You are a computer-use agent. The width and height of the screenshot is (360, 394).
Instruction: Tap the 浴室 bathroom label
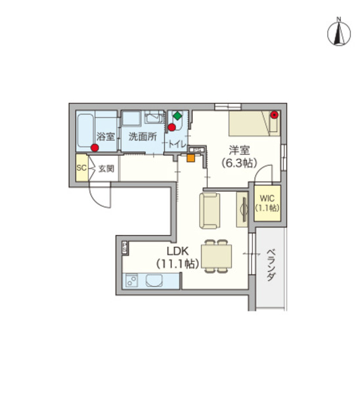pyautogui.click(x=106, y=137)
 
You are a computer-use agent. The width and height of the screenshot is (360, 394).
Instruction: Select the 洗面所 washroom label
pyautogui.click(x=142, y=137)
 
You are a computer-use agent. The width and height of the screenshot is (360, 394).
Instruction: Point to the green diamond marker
pyautogui.click(x=177, y=116)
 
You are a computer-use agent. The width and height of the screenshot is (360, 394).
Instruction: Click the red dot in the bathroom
pyautogui.click(x=95, y=148)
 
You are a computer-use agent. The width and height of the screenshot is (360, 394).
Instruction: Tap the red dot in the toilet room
pyautogui.click(x=173, y=127)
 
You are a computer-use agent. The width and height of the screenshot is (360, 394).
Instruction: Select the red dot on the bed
pyautogui.click(x=274, y=116)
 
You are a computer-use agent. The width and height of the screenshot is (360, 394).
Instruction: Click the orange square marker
pyautogui.click(x=191, y=157)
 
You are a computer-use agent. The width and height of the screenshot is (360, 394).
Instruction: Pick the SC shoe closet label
pyautogui.click(x=82, y=168)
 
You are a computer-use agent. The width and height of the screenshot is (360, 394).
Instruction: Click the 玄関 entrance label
pyautogui.click(x=106, y=168)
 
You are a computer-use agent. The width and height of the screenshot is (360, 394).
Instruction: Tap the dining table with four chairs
pyautogui.click(x=216, y=255)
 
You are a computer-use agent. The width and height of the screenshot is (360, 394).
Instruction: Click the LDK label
pyautogui.click(x=177, y=250)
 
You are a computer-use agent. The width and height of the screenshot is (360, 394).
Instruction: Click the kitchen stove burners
pyautogui.click(x=131, y=282)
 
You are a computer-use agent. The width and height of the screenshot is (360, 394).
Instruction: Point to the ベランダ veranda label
pyautogui.click(x=271, y=267)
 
